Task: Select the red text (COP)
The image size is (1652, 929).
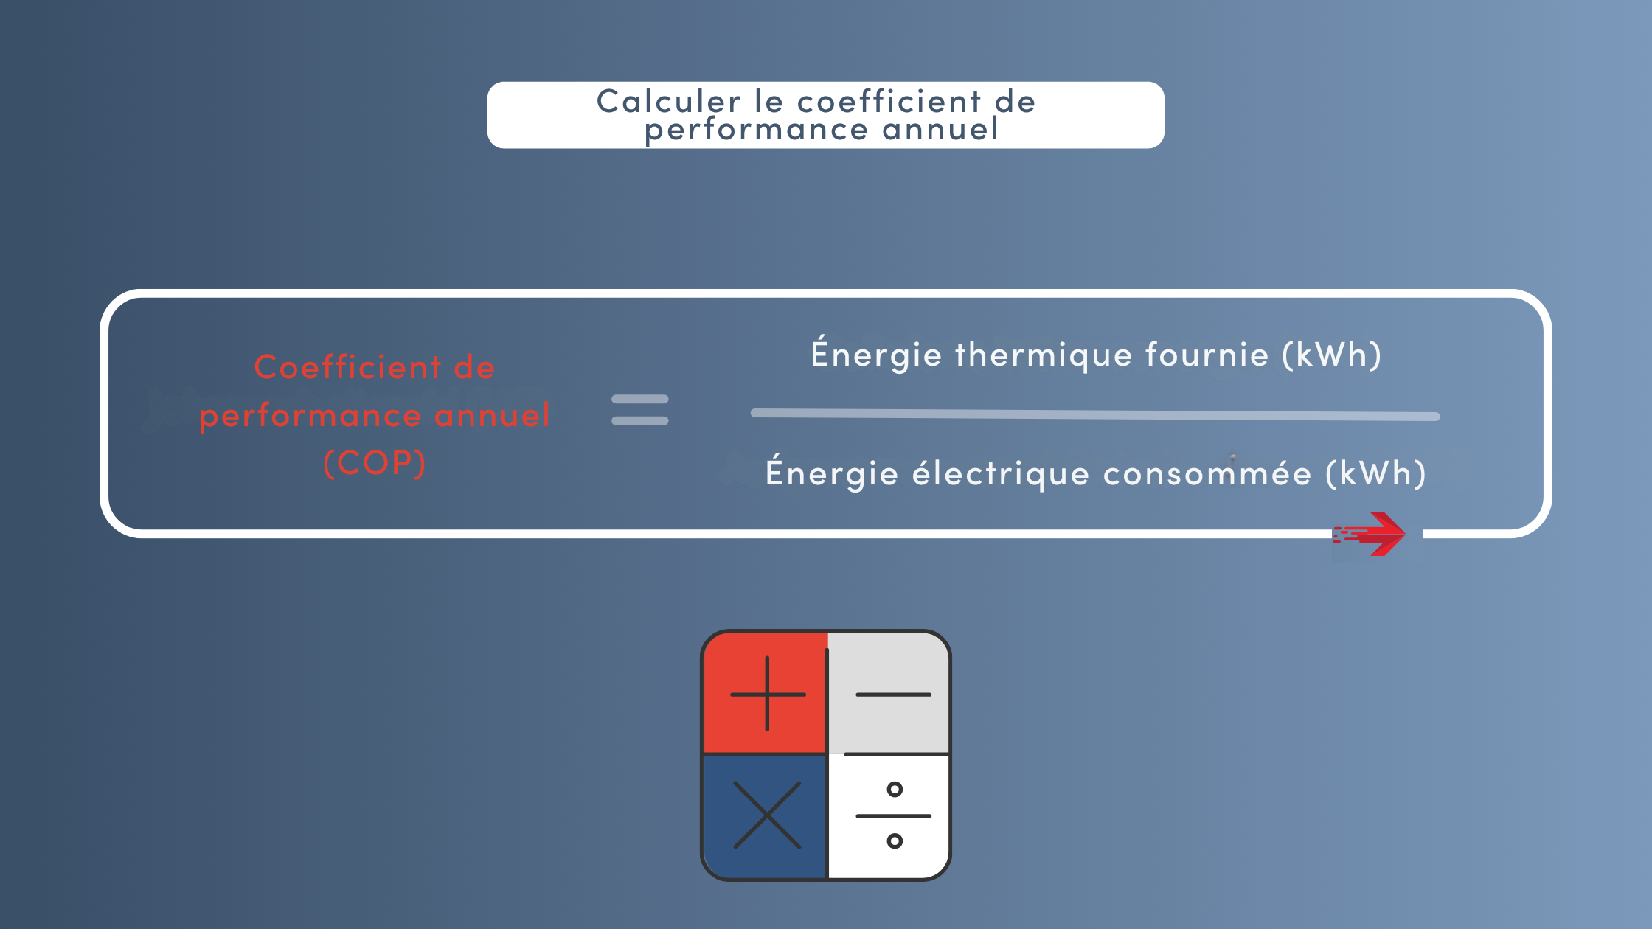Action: click(x=375, y=463)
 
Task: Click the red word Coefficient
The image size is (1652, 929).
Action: click(x=348, y=367)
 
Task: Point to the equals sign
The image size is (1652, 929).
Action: click(x=640, y=410)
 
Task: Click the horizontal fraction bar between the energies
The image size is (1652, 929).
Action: click(x=1095, y=414)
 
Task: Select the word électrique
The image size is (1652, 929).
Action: click(x=1001, y=474)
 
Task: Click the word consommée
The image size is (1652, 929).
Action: click(x=1207, y=473)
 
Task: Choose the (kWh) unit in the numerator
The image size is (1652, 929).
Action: click(x=1332, y=355)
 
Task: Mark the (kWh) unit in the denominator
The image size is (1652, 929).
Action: click(x=1376, y=474)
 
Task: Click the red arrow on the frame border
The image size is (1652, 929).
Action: click(x=1369, y=534)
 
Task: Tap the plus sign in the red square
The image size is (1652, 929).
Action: click(x=768, y=694)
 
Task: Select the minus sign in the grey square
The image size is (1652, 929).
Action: click(x=893, y=695)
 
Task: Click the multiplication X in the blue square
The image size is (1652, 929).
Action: click(x=767, y=815)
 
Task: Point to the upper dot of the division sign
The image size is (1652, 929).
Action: click(x=895, y=790)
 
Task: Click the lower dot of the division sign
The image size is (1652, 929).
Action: click(x=895, y=841)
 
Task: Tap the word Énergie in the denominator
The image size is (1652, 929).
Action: click(x=832, y=472)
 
